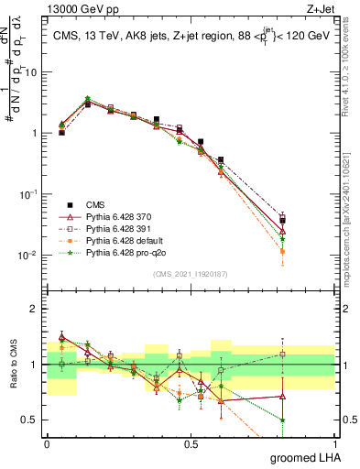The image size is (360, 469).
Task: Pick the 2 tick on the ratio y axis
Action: point(35,309)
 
